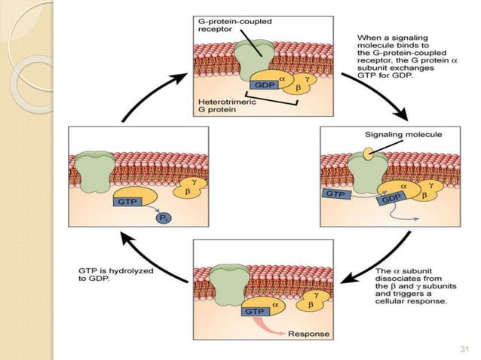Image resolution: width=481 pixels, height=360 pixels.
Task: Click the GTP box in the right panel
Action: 335,194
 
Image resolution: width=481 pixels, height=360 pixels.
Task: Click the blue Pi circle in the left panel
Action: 162,218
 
